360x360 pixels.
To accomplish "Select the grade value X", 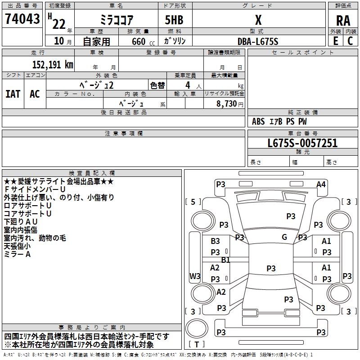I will (258, 20).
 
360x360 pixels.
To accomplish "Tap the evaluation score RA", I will (343, 20).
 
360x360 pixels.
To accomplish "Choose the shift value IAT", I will (13, 94).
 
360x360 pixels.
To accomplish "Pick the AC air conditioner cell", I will (35, 94).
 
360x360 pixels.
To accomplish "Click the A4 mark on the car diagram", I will (321, 184).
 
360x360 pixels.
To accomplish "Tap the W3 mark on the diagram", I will (195, 276).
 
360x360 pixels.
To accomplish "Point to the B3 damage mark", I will (216, 241).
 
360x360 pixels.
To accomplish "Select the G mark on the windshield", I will (284, 237).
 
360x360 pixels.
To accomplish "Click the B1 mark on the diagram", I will (225, 260).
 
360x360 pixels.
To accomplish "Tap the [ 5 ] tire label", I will (193, 202).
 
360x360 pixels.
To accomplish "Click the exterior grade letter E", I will (335, 41).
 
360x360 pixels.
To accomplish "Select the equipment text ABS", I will (258, 121).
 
